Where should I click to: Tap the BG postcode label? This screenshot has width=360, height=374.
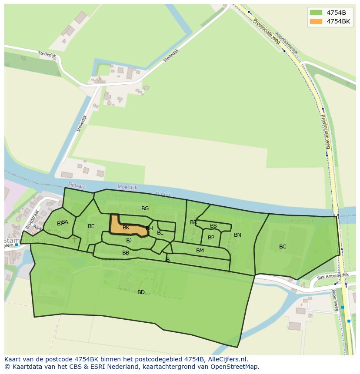145,209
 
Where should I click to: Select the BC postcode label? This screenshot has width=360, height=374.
283,247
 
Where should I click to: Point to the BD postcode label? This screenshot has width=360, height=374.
141,292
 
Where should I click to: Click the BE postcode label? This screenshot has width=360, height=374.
91,226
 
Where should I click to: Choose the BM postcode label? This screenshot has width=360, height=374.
200,251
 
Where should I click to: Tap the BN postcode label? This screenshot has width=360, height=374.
237,235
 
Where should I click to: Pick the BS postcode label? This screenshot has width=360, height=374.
213,226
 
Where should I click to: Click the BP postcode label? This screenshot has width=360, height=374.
211,238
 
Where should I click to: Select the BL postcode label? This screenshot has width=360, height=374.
160,233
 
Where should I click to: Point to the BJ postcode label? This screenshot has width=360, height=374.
129,241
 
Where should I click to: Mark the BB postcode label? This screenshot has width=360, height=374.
126,253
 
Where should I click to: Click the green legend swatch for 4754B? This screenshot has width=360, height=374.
316,12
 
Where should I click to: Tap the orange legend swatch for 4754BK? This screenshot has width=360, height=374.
316,21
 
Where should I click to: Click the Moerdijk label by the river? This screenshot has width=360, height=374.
127,188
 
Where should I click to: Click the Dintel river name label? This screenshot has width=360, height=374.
162,194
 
